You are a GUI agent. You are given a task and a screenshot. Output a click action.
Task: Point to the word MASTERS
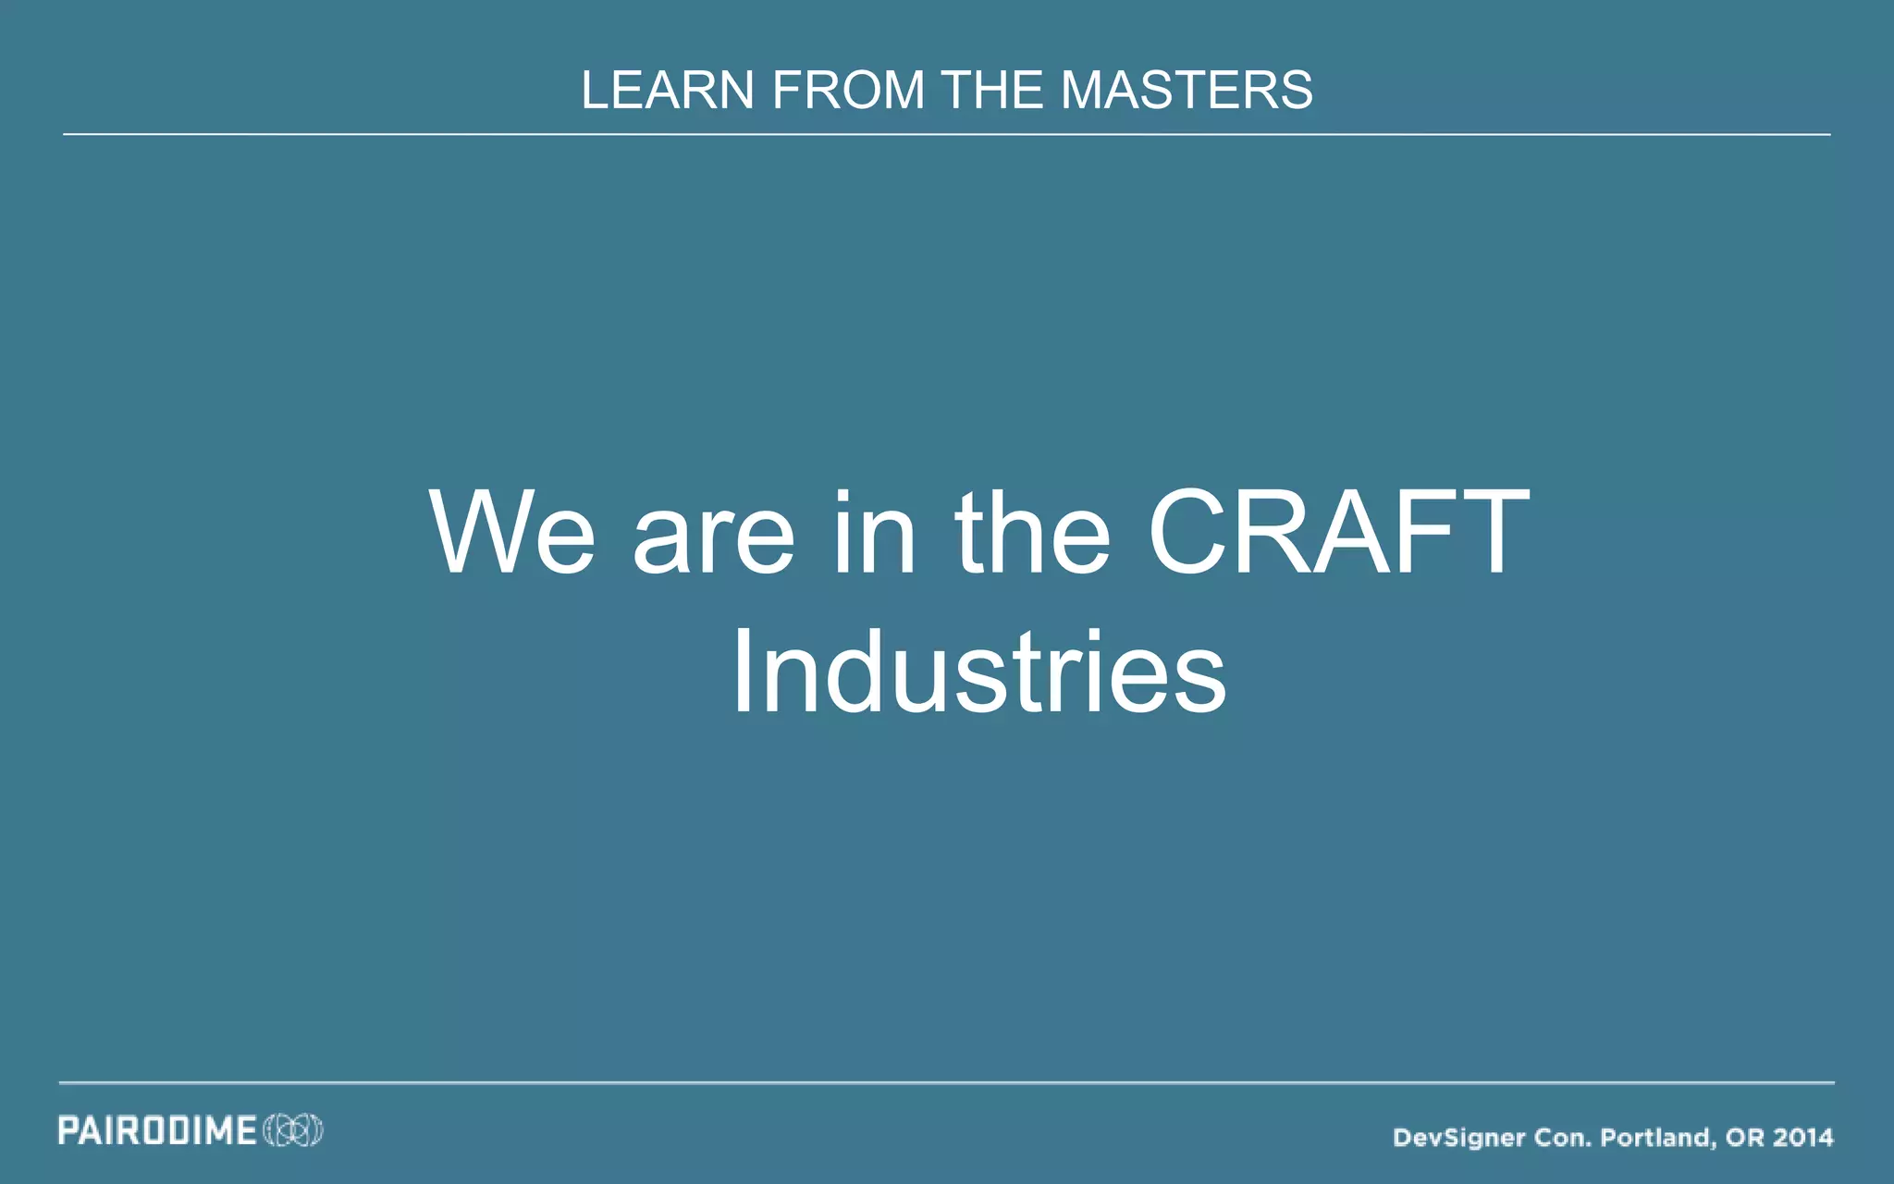1186,91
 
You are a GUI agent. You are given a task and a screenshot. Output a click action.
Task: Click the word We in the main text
512,534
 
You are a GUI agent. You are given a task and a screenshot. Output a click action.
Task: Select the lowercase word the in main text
1032,534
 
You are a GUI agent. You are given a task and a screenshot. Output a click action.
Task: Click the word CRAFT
1338,534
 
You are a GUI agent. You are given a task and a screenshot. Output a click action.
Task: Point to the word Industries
978,672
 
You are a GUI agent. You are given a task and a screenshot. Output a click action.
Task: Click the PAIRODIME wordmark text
157,1130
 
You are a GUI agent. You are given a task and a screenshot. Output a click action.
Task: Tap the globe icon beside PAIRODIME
293,1130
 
